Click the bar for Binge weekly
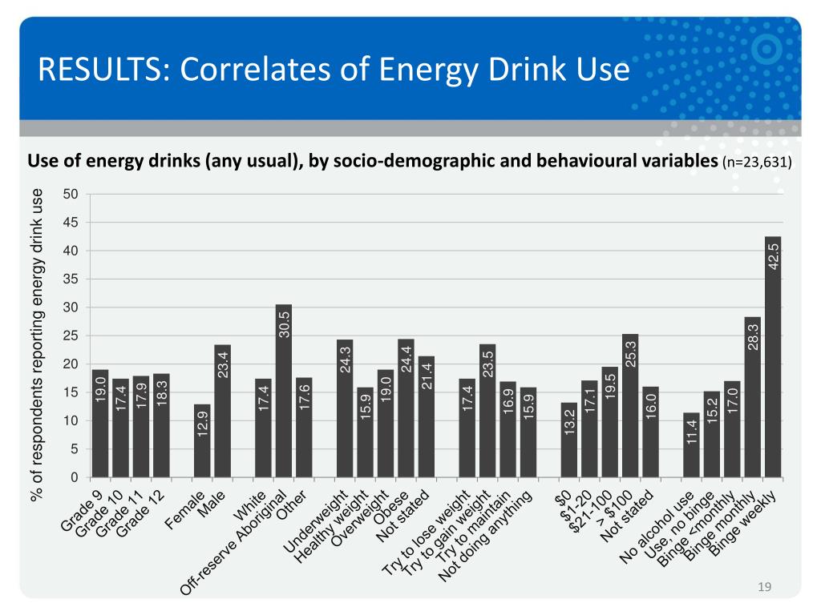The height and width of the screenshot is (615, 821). [x=773, y=356]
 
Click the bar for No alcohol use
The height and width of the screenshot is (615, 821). [x=691, y=444]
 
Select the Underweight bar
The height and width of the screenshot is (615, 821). [x=345, y=408]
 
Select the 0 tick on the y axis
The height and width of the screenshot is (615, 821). [x=74, y=477]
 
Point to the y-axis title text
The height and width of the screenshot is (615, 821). [x=36, y=344]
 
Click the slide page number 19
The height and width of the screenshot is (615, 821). [x=764, y=589]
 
